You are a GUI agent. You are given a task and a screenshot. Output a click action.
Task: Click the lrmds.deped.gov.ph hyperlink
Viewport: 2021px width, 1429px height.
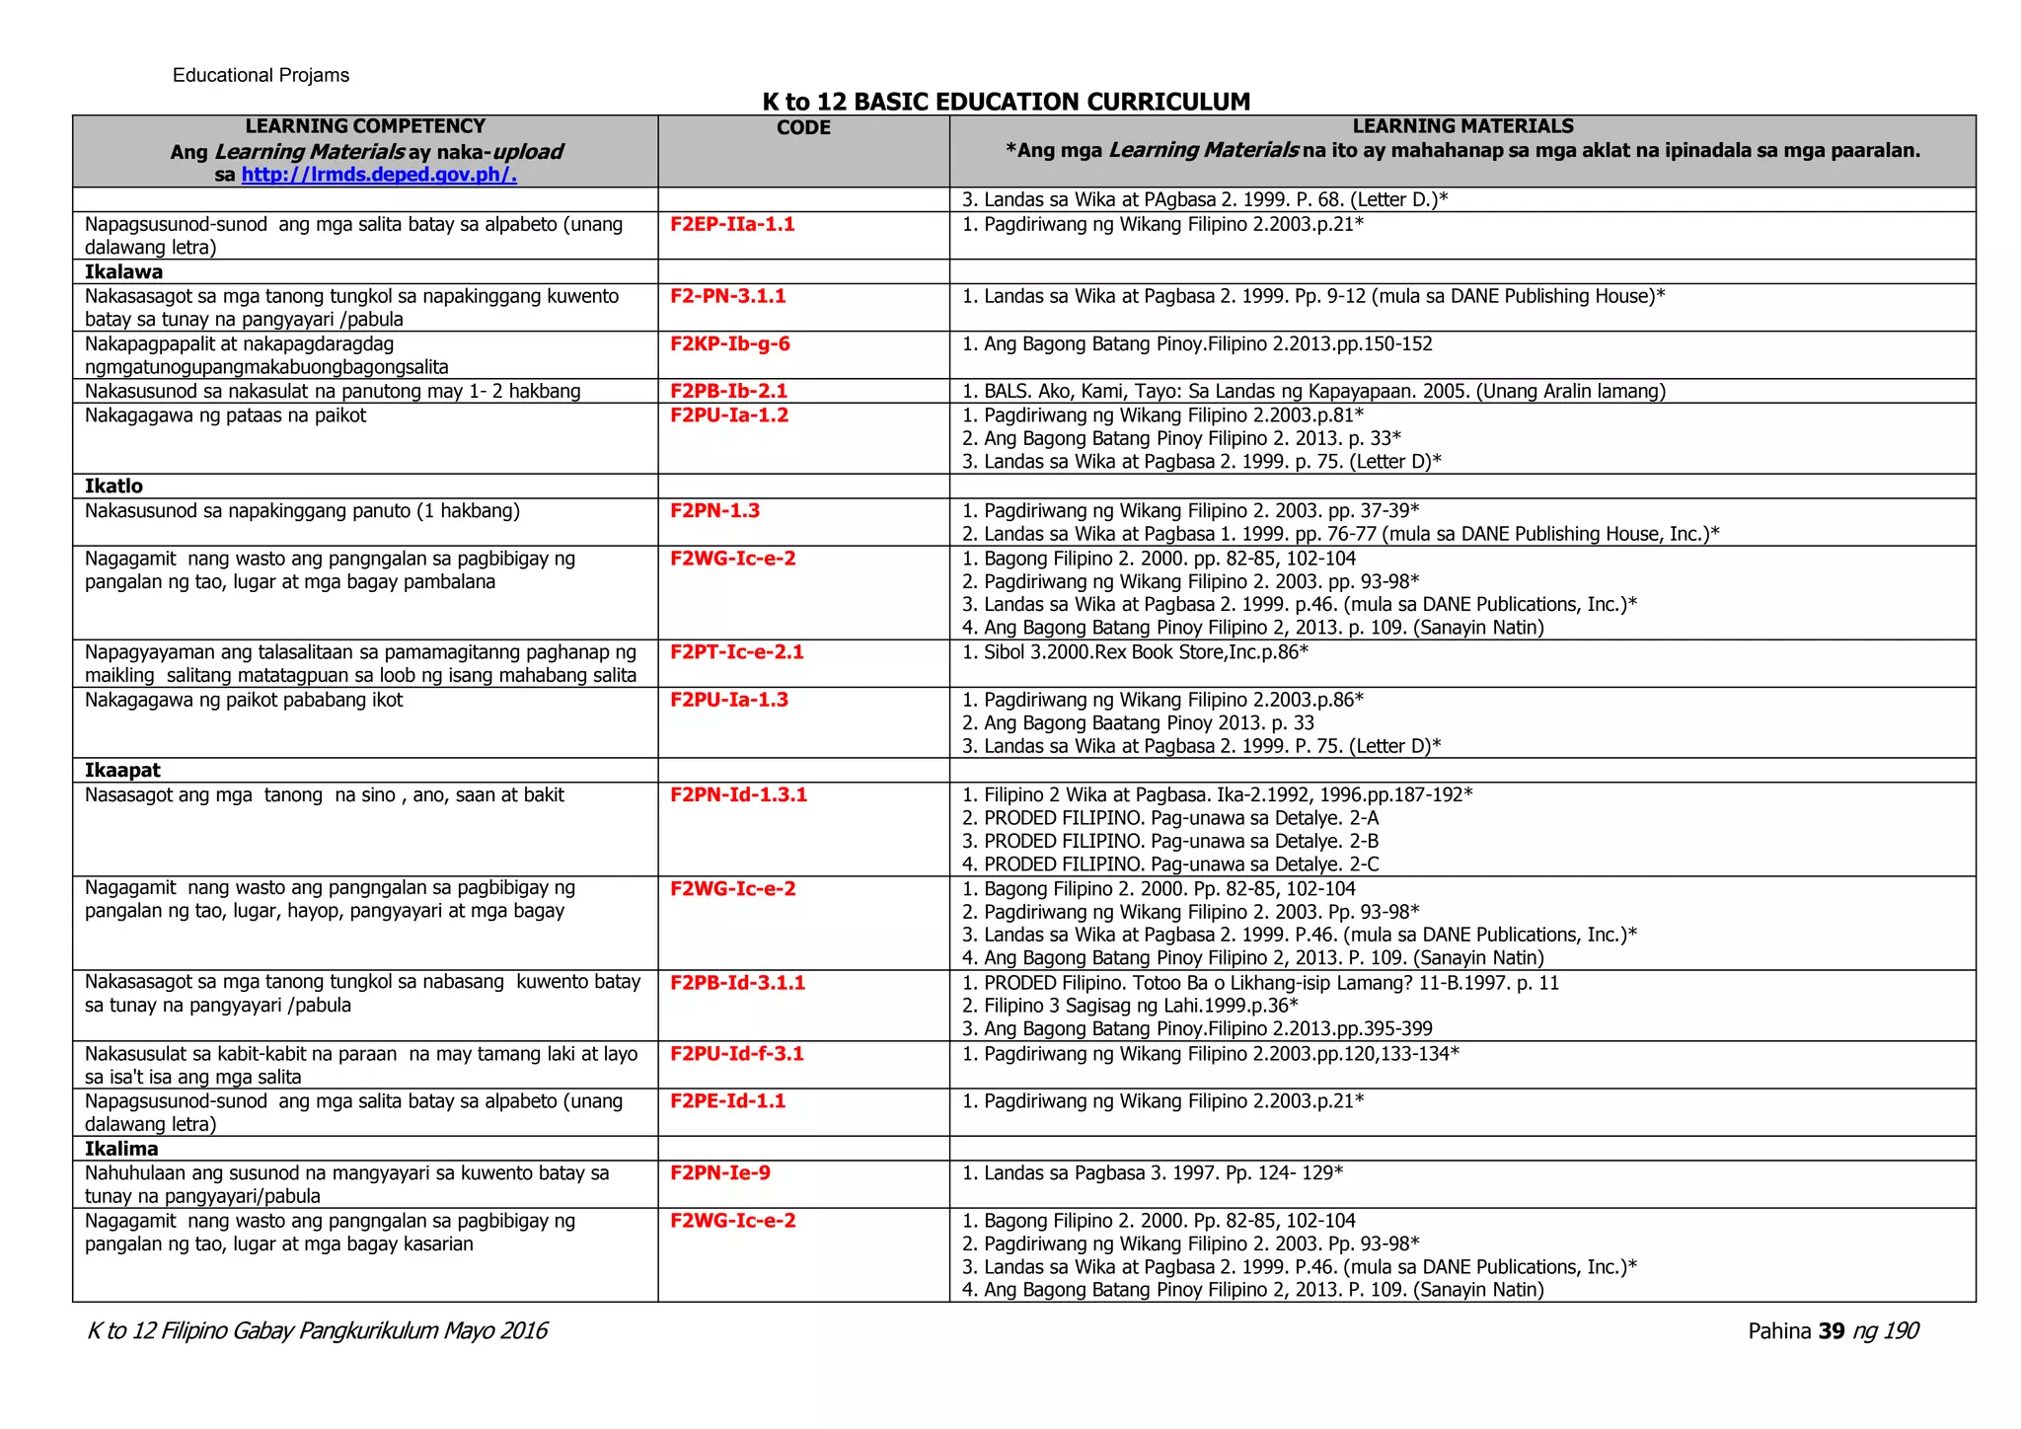click(379, 175)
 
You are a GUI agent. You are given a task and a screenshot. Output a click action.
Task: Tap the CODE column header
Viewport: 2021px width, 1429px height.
click(803, 128)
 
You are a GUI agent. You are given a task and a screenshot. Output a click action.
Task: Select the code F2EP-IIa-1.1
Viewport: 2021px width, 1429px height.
click(732, 224)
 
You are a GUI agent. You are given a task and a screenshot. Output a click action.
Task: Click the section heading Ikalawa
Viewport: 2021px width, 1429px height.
click(123, 271)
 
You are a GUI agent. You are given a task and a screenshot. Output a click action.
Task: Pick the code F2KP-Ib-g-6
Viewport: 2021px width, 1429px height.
click(729, 344)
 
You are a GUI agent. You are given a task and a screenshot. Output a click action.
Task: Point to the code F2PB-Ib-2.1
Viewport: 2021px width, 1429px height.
click(728, 391)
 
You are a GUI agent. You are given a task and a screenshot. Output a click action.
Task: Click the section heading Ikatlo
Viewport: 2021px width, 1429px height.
click(113, 486)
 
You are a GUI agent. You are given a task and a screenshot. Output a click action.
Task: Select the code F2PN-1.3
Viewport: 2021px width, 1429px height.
click(714, 510)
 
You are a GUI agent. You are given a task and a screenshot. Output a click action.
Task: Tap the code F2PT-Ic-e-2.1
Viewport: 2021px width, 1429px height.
click(736, 651)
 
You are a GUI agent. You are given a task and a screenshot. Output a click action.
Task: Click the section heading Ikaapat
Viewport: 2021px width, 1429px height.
click(122, 770)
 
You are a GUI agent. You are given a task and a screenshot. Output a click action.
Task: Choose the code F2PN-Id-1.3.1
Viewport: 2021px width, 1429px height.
click(738, 794)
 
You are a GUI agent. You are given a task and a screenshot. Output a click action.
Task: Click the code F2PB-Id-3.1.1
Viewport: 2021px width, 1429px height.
click(737, 982)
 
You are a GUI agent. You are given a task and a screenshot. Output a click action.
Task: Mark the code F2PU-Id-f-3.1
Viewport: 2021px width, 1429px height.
click(736, 1053)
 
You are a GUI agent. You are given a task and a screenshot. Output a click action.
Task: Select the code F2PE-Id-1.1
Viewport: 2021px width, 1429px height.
click(727, 1100)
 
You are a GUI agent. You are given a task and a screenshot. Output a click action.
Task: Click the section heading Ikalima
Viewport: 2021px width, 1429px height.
click(121, 1148)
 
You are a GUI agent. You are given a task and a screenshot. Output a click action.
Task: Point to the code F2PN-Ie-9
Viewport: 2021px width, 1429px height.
click(719, 1172)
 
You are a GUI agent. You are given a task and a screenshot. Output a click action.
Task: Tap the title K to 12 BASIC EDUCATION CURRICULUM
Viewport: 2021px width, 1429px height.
click(1006, 102)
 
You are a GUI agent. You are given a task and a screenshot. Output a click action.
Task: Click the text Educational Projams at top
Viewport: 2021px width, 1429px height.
click(261, 76)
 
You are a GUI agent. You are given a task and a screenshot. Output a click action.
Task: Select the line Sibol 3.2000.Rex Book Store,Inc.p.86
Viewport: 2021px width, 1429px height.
click(1135, 651)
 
